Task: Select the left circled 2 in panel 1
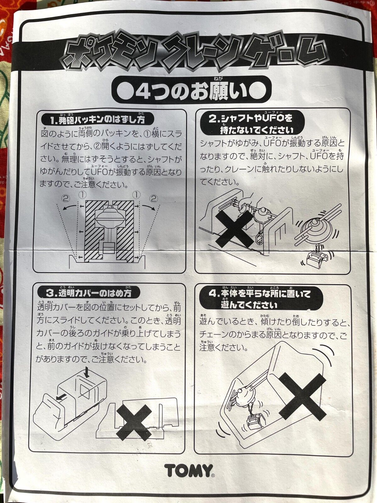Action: coord(65,199)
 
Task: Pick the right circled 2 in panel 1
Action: coord(154,199)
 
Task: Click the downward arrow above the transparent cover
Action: coord(87,373)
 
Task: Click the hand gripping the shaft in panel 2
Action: coord(245,204)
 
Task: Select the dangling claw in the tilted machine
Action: coord(254,420)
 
